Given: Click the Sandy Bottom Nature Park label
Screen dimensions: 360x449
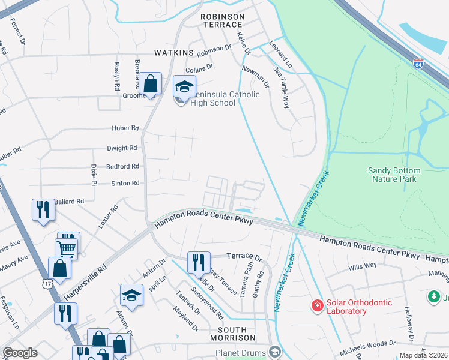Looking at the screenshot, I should (x=394, y=175).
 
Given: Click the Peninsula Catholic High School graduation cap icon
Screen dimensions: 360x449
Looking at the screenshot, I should (x=184, y=87).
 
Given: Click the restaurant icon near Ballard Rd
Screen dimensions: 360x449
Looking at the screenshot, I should (x=43, y=209).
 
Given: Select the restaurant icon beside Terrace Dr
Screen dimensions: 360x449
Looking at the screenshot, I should (x=198, y=262).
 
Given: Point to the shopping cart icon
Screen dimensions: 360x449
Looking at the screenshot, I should (x=66, y=247).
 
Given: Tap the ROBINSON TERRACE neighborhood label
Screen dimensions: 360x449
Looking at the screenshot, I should (x=223, y=22).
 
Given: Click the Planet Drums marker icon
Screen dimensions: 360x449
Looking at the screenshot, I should (x=275, y=351).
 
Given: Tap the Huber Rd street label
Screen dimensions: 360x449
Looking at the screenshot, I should (x=125, y=128).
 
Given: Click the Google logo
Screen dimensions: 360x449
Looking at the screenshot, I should (x=20, y=353).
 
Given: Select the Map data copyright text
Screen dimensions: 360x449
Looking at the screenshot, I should (x=423, y=355).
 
